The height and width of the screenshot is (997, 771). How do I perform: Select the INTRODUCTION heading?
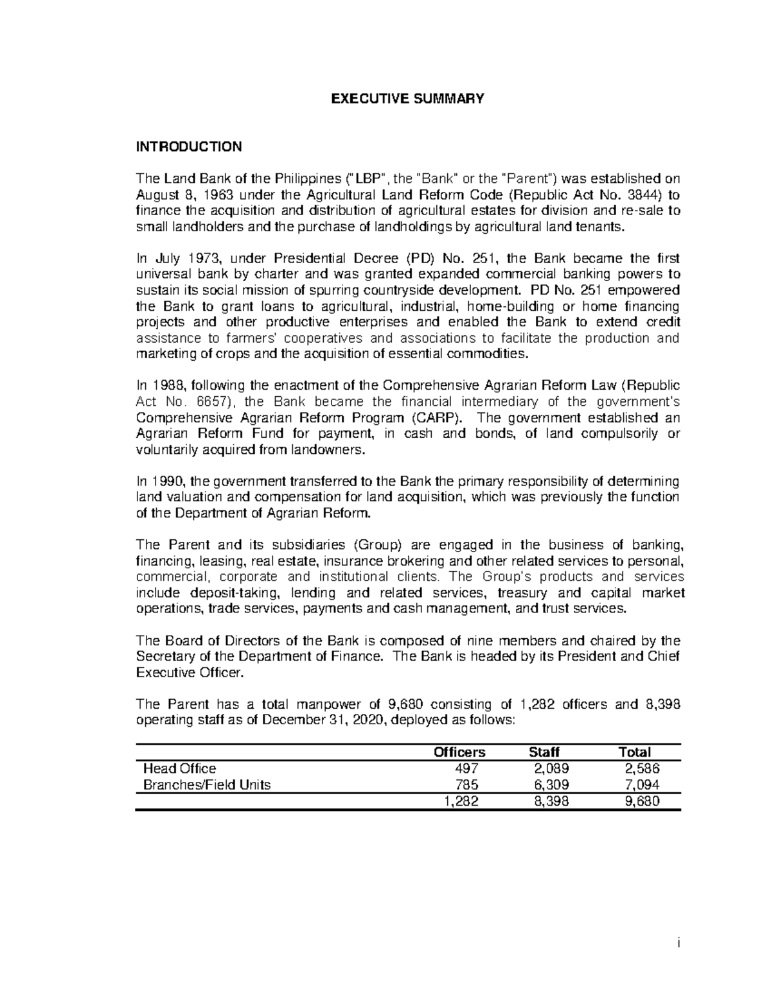tap(188, 146)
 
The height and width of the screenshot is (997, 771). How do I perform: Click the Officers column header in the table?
tap(459, 752)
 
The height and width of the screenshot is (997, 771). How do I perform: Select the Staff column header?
tap(544, 752)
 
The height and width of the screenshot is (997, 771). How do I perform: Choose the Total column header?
tap(634, 752)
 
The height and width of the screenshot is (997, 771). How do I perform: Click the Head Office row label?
tap(179, 768)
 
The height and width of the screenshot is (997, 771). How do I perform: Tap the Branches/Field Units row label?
tap(206, 785)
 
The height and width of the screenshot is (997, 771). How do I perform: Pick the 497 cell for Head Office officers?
tap(466, 768)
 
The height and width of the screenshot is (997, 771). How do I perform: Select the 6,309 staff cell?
tap(551, 785)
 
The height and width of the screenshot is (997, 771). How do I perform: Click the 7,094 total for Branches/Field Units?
tap(642, 785)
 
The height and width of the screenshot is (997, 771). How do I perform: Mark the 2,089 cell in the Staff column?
tap(551, 768)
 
